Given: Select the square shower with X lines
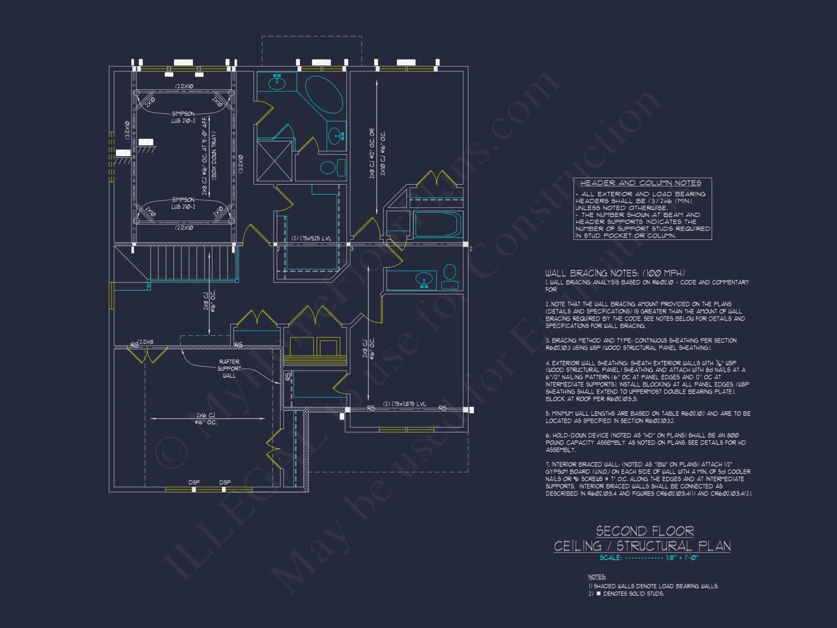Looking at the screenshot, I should click(274, 161).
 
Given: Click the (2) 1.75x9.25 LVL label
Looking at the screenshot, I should click(311, 238).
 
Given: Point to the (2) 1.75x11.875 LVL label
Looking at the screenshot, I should click(404, 404).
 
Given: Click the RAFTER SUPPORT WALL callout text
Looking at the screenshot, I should click(229, 368).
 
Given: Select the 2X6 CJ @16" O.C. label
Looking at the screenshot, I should click(205, 419).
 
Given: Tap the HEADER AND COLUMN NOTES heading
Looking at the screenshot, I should click(640, 183).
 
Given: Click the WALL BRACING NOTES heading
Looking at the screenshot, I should click(615, 273).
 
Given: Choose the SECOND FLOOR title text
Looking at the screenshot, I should click(644, 531).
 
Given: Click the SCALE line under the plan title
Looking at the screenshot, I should click(648, 558).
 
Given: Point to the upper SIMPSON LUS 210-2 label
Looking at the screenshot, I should click(183, 117).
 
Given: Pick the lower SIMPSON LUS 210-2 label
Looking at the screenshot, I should click(183, 203).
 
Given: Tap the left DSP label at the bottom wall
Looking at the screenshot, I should click(194, 482).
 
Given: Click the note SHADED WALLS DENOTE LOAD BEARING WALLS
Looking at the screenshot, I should click(655, 586).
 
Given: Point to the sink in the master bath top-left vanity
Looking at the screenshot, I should click(277, 82).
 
